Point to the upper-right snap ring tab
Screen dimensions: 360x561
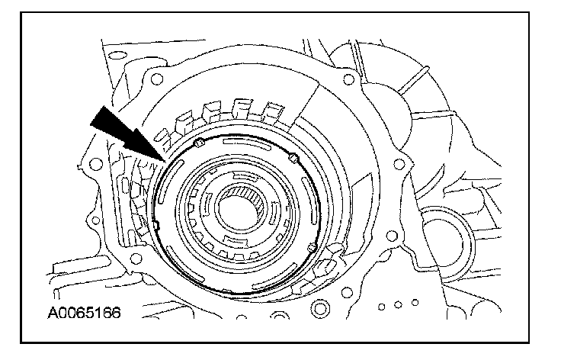click(293, 158)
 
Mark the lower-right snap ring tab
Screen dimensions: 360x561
click(311, 247)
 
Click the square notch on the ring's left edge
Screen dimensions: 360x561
click(155, 224)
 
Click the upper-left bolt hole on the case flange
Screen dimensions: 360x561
click(155, 78)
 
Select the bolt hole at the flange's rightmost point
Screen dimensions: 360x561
click(396, 159)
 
